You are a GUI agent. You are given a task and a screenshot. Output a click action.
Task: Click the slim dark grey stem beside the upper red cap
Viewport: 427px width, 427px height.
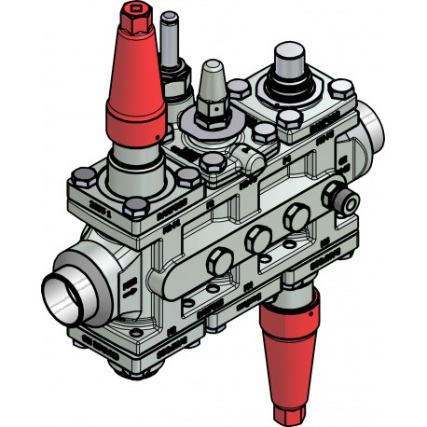(x=169, y=42)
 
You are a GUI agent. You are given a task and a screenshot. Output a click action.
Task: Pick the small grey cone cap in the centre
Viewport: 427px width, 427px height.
(x=211, y=85)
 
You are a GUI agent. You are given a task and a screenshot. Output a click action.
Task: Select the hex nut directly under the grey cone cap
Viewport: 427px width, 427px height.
(x=213, y=115)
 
